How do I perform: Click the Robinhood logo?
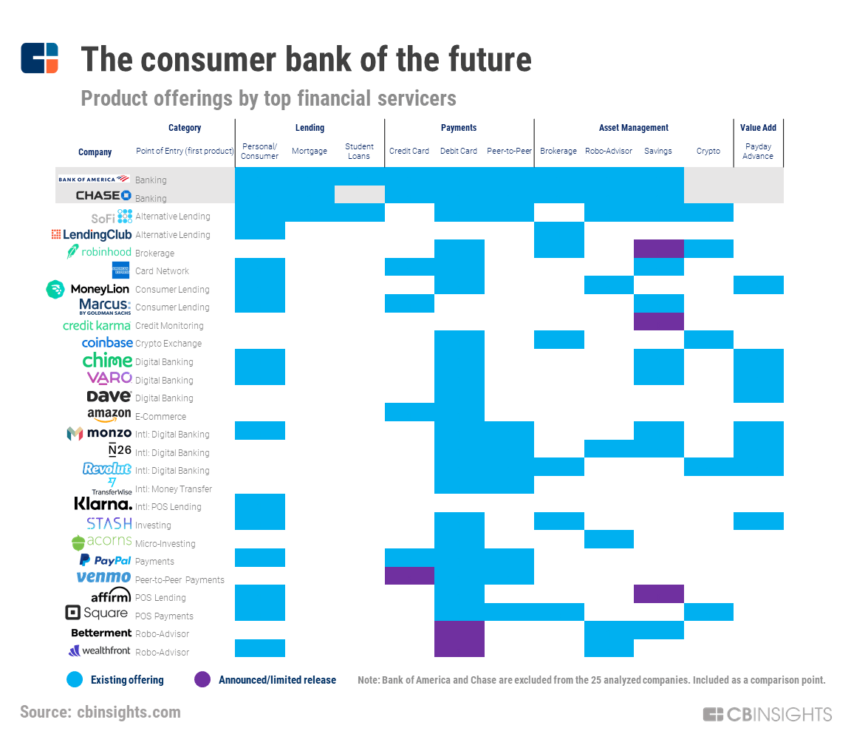click(x=99, y=252)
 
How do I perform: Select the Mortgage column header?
click(x=310, y=151)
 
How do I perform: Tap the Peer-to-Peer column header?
click(x=509, y=151)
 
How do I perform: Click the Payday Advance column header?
click(x=758, y=151)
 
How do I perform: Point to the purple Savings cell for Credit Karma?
click(x=658, y=322)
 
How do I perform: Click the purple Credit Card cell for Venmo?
click(x=409, y=576)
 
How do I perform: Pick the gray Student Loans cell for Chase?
click(x=359, y=194)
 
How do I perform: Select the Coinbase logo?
click(x=107, y=343)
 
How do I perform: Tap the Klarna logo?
click(x=103, y=505)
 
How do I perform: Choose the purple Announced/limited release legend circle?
click(x=202, y=679)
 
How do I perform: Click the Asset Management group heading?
click(x=633, y=128)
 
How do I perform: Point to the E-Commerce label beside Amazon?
click(x=161, y=416)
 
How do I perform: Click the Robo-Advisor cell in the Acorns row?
click(x=609, y=540)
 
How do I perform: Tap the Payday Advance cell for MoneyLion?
click(x=758, y=285)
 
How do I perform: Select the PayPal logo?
click(x=105, y=560)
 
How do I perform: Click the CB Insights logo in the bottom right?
click(x=767, y=714)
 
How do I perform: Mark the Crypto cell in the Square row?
click(x=708, y=612)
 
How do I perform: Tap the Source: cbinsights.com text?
click(x=100, y=712)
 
